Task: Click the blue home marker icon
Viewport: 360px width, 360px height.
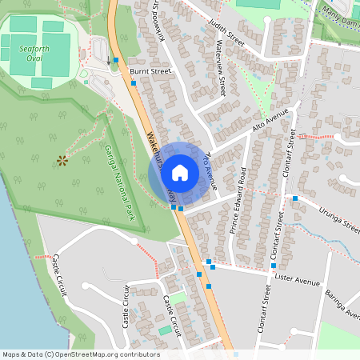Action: (180, 172)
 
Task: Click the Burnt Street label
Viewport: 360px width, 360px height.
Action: (150, 71)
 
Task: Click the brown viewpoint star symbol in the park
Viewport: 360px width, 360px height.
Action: (62, 161)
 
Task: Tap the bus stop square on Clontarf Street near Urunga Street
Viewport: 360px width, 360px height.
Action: (295, 198)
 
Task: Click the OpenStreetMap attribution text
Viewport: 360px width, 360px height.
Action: (81, 354)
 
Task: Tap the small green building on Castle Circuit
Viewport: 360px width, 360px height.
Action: (164, 330)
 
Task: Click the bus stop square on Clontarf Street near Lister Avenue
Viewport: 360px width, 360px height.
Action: (274, 266)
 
